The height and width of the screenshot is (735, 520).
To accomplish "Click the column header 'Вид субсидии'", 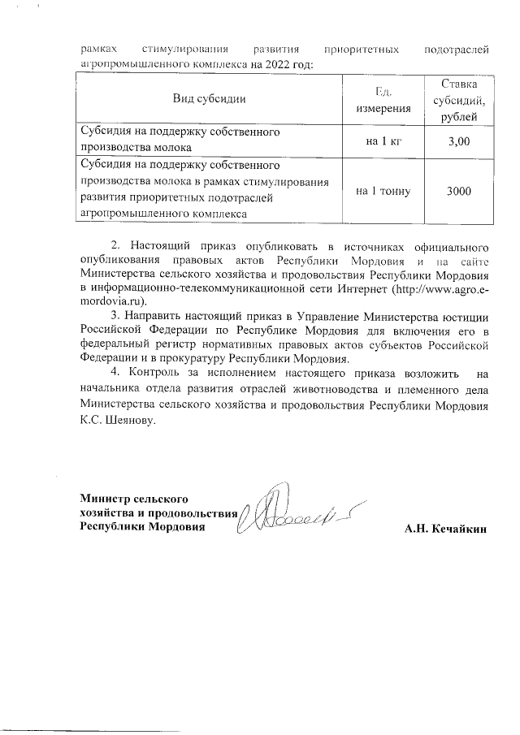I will pos(209,99).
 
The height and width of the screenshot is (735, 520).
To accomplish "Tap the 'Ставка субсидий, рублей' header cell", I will pos(459,99).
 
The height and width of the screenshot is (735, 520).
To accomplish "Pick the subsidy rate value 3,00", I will pos(459,142).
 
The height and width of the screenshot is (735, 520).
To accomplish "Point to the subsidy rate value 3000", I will pos(459,192).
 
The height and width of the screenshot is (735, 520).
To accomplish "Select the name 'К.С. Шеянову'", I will pos(117,423).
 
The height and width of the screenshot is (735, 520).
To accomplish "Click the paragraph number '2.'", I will pos(115,244).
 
